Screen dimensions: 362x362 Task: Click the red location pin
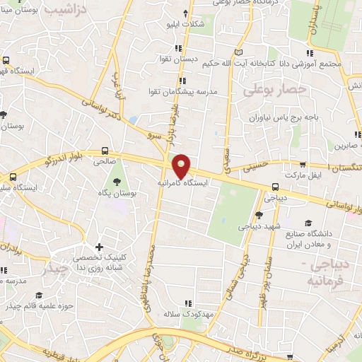(182, 166)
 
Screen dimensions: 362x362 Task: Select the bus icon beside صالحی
(105, 150)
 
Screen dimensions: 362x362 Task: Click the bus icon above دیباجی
(274, 187)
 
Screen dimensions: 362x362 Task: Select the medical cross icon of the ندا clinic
(100, 247)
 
